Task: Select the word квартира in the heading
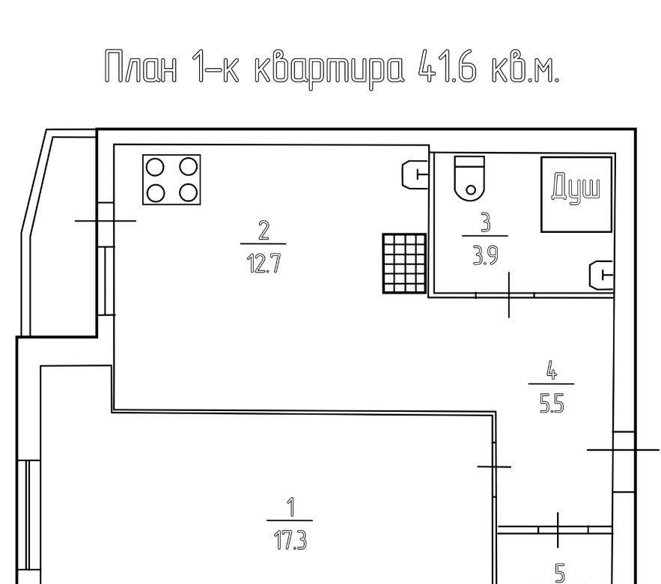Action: (329, 70)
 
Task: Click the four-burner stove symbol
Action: (171, 180)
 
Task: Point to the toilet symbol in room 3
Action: (469, 177)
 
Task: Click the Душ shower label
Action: (576, 188)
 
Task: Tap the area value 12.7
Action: (264, 264)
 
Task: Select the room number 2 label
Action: (264, 231)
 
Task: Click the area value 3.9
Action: (486, 255)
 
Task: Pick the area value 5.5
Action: (552, 404)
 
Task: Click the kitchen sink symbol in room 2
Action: (415, 174)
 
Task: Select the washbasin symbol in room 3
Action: (600, 276)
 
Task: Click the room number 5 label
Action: (560, 574)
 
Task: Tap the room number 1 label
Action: (290, 507)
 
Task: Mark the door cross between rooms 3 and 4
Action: (509, 294)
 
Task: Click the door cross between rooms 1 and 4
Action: (494, 466)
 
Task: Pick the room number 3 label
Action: (486, 222)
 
